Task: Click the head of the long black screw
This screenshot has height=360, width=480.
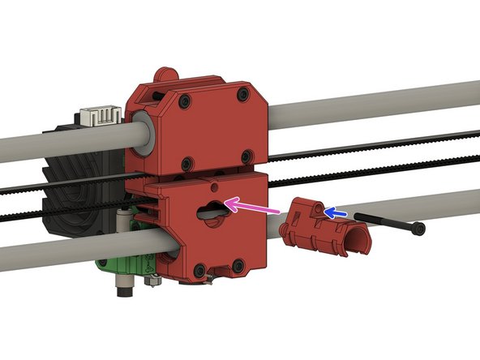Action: click(418, 229)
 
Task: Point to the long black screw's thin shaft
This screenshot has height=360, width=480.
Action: click(381, 222)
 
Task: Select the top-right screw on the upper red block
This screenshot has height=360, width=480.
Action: click(242, 95)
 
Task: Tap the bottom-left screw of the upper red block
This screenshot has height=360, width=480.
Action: click(186, 160)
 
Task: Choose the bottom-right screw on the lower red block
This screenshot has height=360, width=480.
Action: click(237, 265)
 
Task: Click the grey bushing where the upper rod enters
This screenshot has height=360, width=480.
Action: click(143, 134)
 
